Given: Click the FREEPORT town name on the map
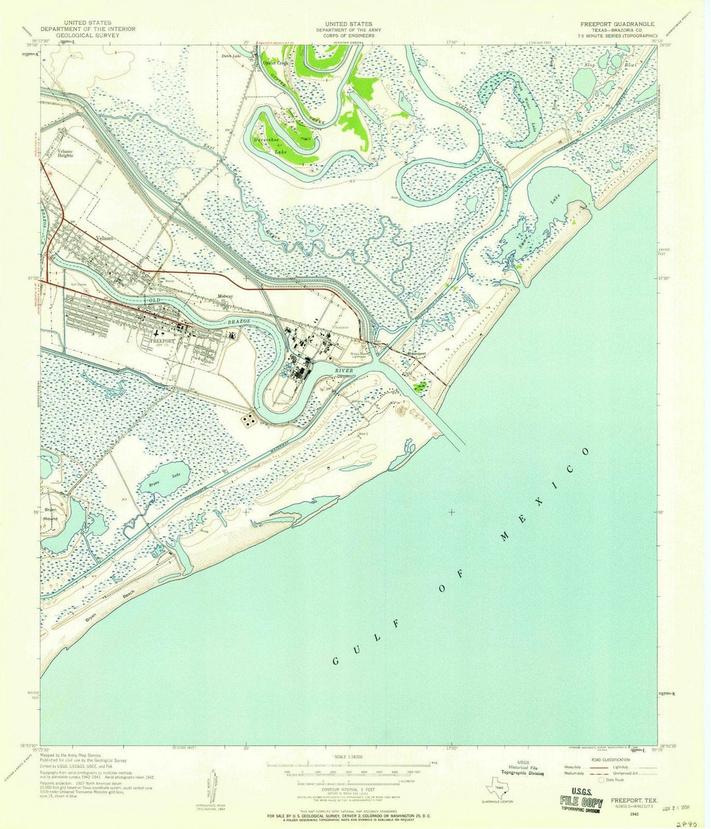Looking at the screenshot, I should (161, 342).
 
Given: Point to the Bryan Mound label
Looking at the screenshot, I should (51, 514).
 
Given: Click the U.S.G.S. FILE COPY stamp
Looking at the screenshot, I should (581, 802).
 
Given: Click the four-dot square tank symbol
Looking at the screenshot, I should (250, 420).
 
